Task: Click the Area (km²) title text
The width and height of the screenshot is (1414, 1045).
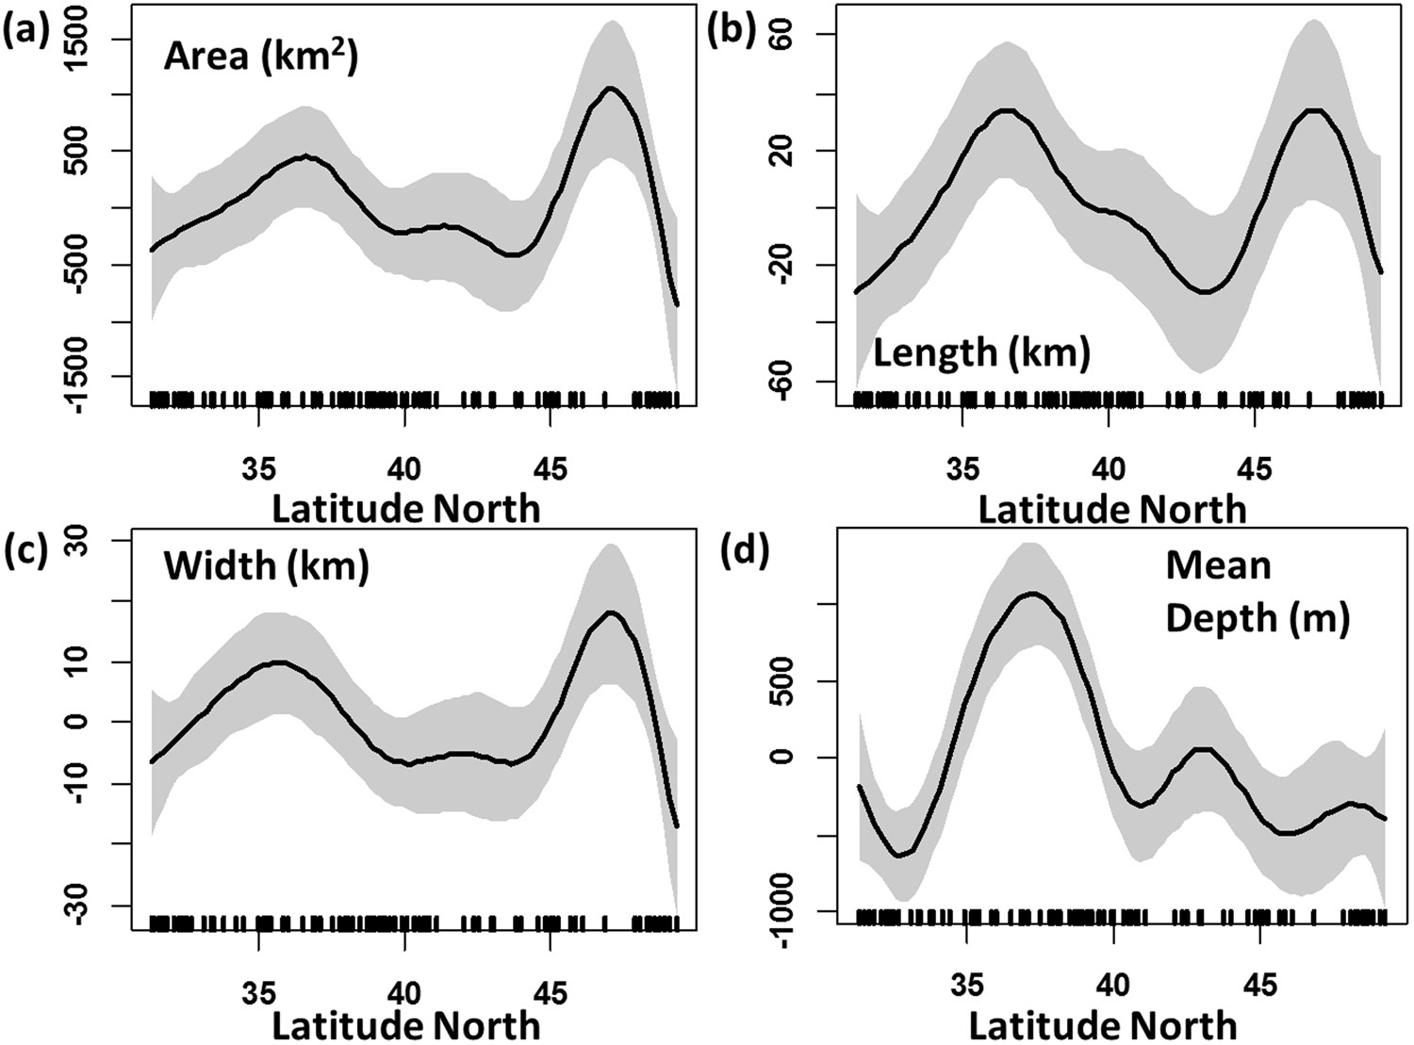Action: [260, 57]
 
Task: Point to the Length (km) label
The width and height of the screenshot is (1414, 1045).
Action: [980, 352]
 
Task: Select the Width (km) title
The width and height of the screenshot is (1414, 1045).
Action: [266, 566]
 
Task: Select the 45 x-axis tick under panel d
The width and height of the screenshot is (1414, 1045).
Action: [1260, 986]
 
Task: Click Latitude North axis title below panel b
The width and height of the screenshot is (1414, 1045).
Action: [1111, 510]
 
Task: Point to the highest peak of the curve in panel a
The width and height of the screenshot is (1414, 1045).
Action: [611, 88]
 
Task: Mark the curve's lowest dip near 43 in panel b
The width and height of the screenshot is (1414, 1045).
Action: [1205, 292]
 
